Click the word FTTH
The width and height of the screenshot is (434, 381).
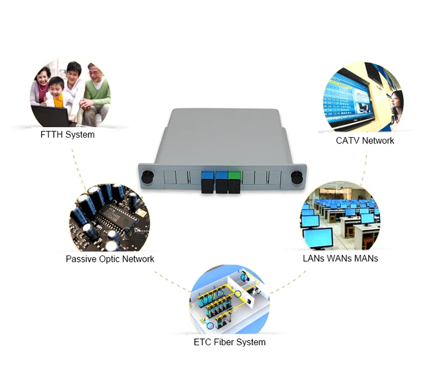pos(53,135)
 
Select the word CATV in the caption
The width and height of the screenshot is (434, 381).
pos(348,140)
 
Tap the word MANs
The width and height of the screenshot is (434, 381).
pos(365,258)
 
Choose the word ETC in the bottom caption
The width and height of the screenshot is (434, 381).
pos(204,342)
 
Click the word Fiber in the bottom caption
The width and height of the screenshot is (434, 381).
pos(227,342)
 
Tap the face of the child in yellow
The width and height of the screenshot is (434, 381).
pos(56,88)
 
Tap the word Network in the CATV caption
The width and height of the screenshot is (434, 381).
pos(378,140)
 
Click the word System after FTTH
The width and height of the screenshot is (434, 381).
pos(80,135)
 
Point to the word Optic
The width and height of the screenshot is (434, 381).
pos(113,259)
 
